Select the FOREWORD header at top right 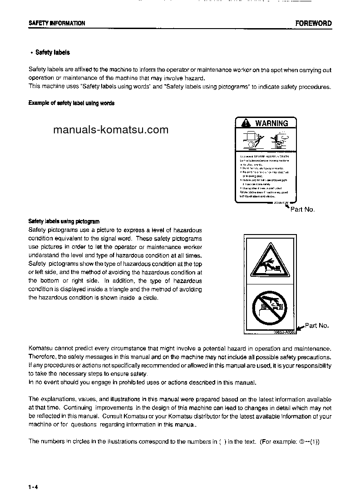(313, 23)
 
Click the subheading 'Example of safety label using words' (71, 103)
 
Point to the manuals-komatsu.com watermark (111, 130)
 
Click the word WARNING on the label (271, 123)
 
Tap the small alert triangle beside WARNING (246, 123)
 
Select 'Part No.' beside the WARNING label (302, 210)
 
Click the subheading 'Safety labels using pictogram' (64, 221)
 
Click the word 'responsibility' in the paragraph (312, 365)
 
